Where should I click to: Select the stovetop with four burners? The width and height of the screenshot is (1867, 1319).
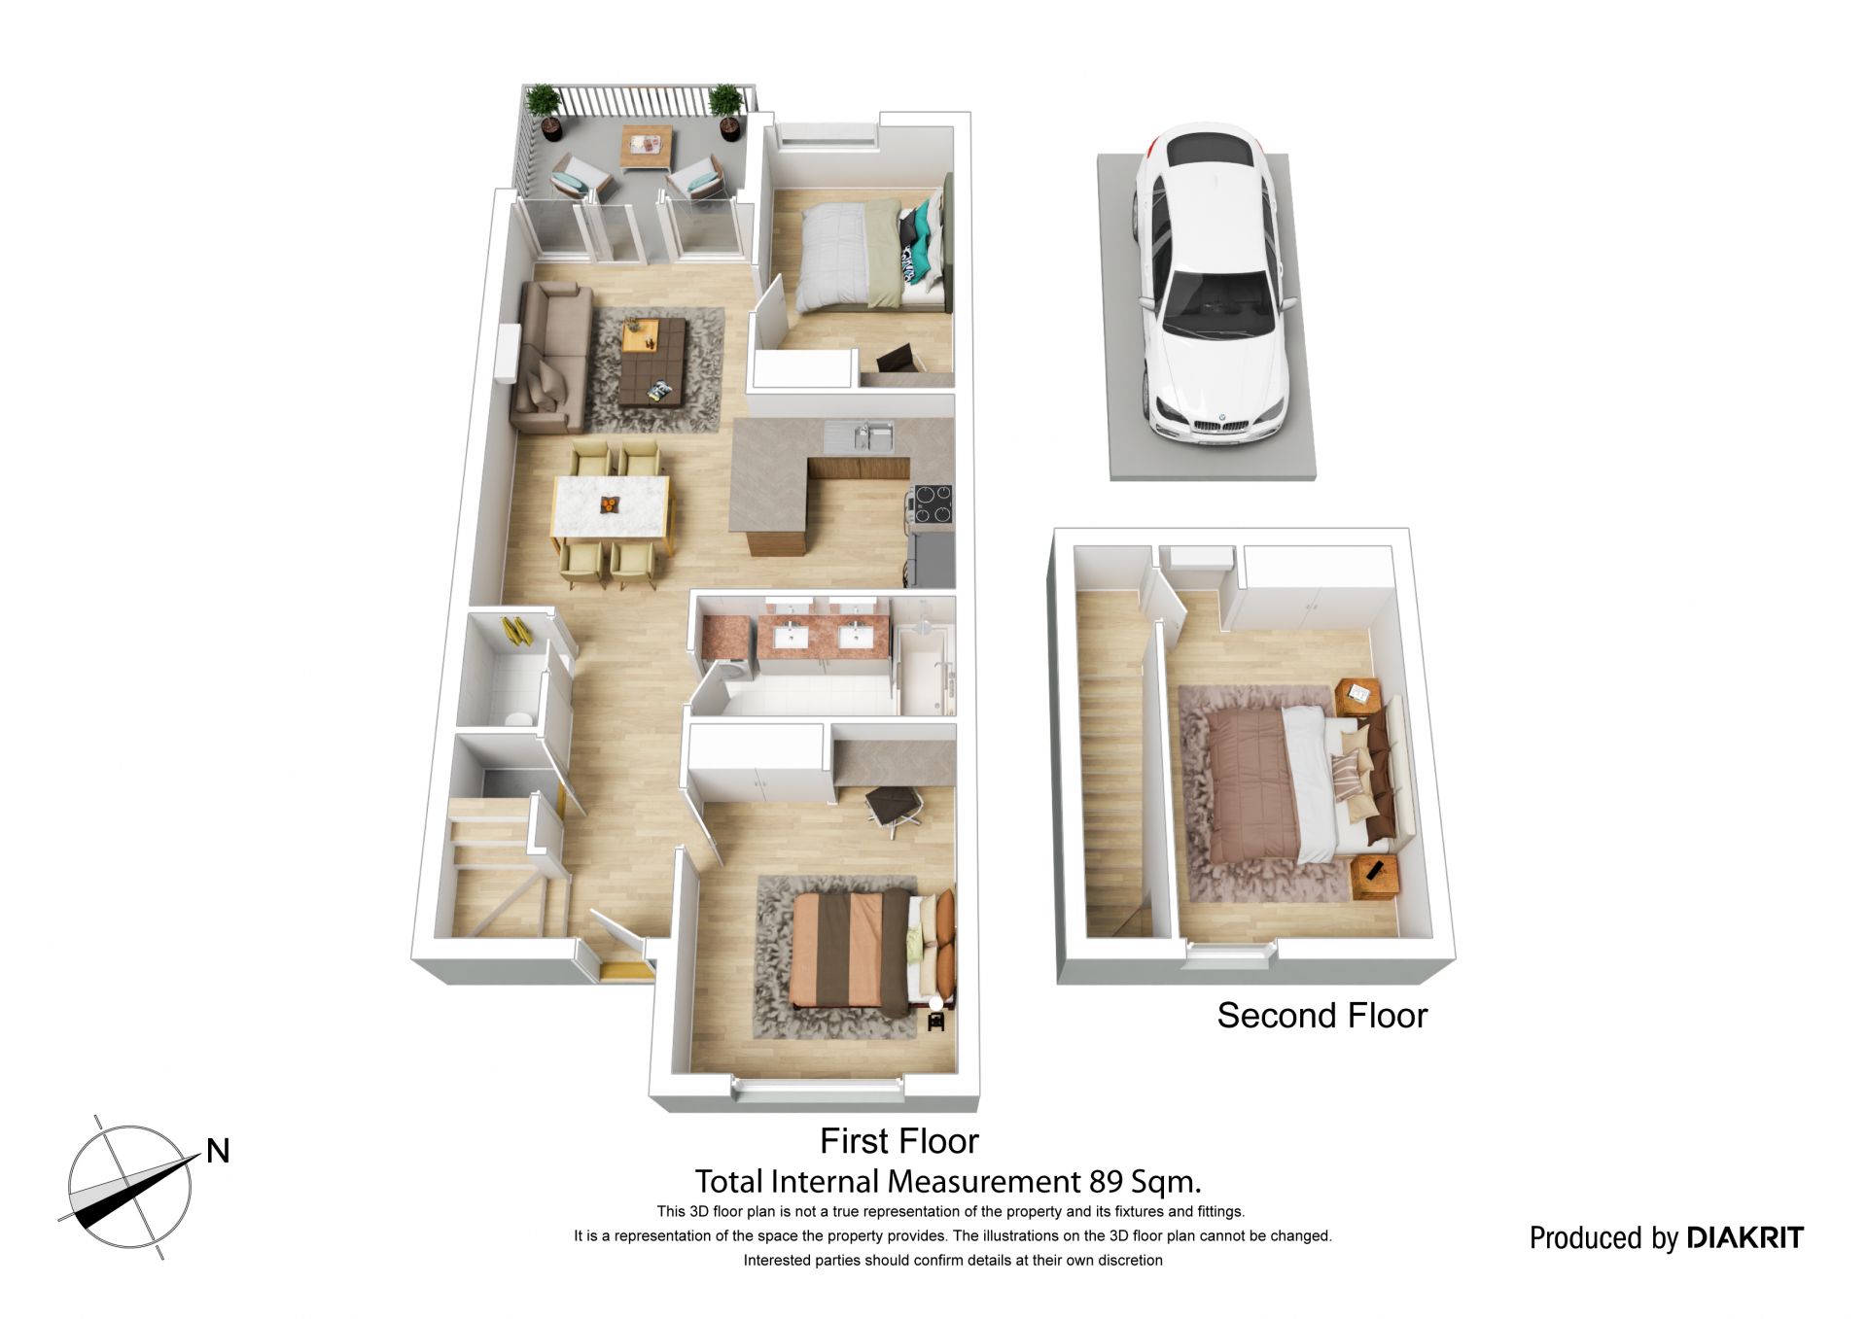tap(932, 503)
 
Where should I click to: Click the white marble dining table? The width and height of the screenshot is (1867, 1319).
tap(612, 510)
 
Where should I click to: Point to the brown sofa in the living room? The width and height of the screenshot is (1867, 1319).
tap(551, 357)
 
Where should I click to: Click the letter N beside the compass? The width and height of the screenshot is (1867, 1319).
tap(218, 1151)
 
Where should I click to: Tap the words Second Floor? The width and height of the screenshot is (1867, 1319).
tap(1321, 1016)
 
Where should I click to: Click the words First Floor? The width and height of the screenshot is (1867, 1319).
tap(898, 1140)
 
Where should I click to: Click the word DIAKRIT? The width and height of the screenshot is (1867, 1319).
tap(1744, 1237)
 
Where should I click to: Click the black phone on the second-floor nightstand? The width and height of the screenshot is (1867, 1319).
tap(1373, 870)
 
